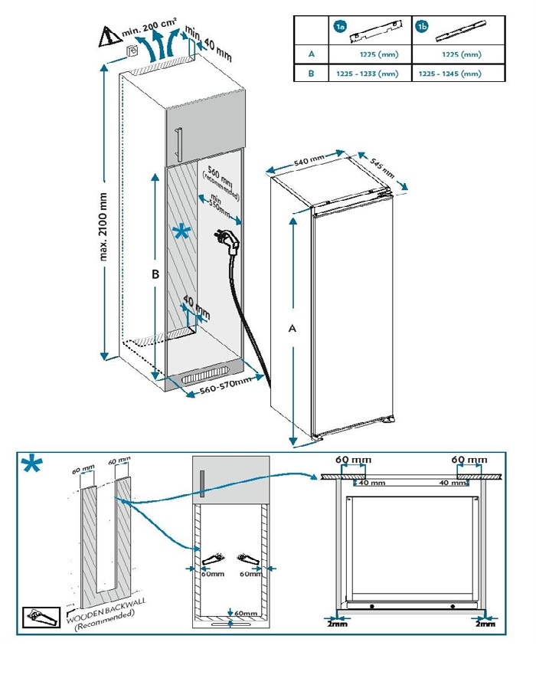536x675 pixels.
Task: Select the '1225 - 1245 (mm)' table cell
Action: (450, 74)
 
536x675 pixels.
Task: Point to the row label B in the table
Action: (312, 74)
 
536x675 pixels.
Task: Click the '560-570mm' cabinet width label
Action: (226, 390)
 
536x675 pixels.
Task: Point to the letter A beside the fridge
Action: (292, 328)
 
